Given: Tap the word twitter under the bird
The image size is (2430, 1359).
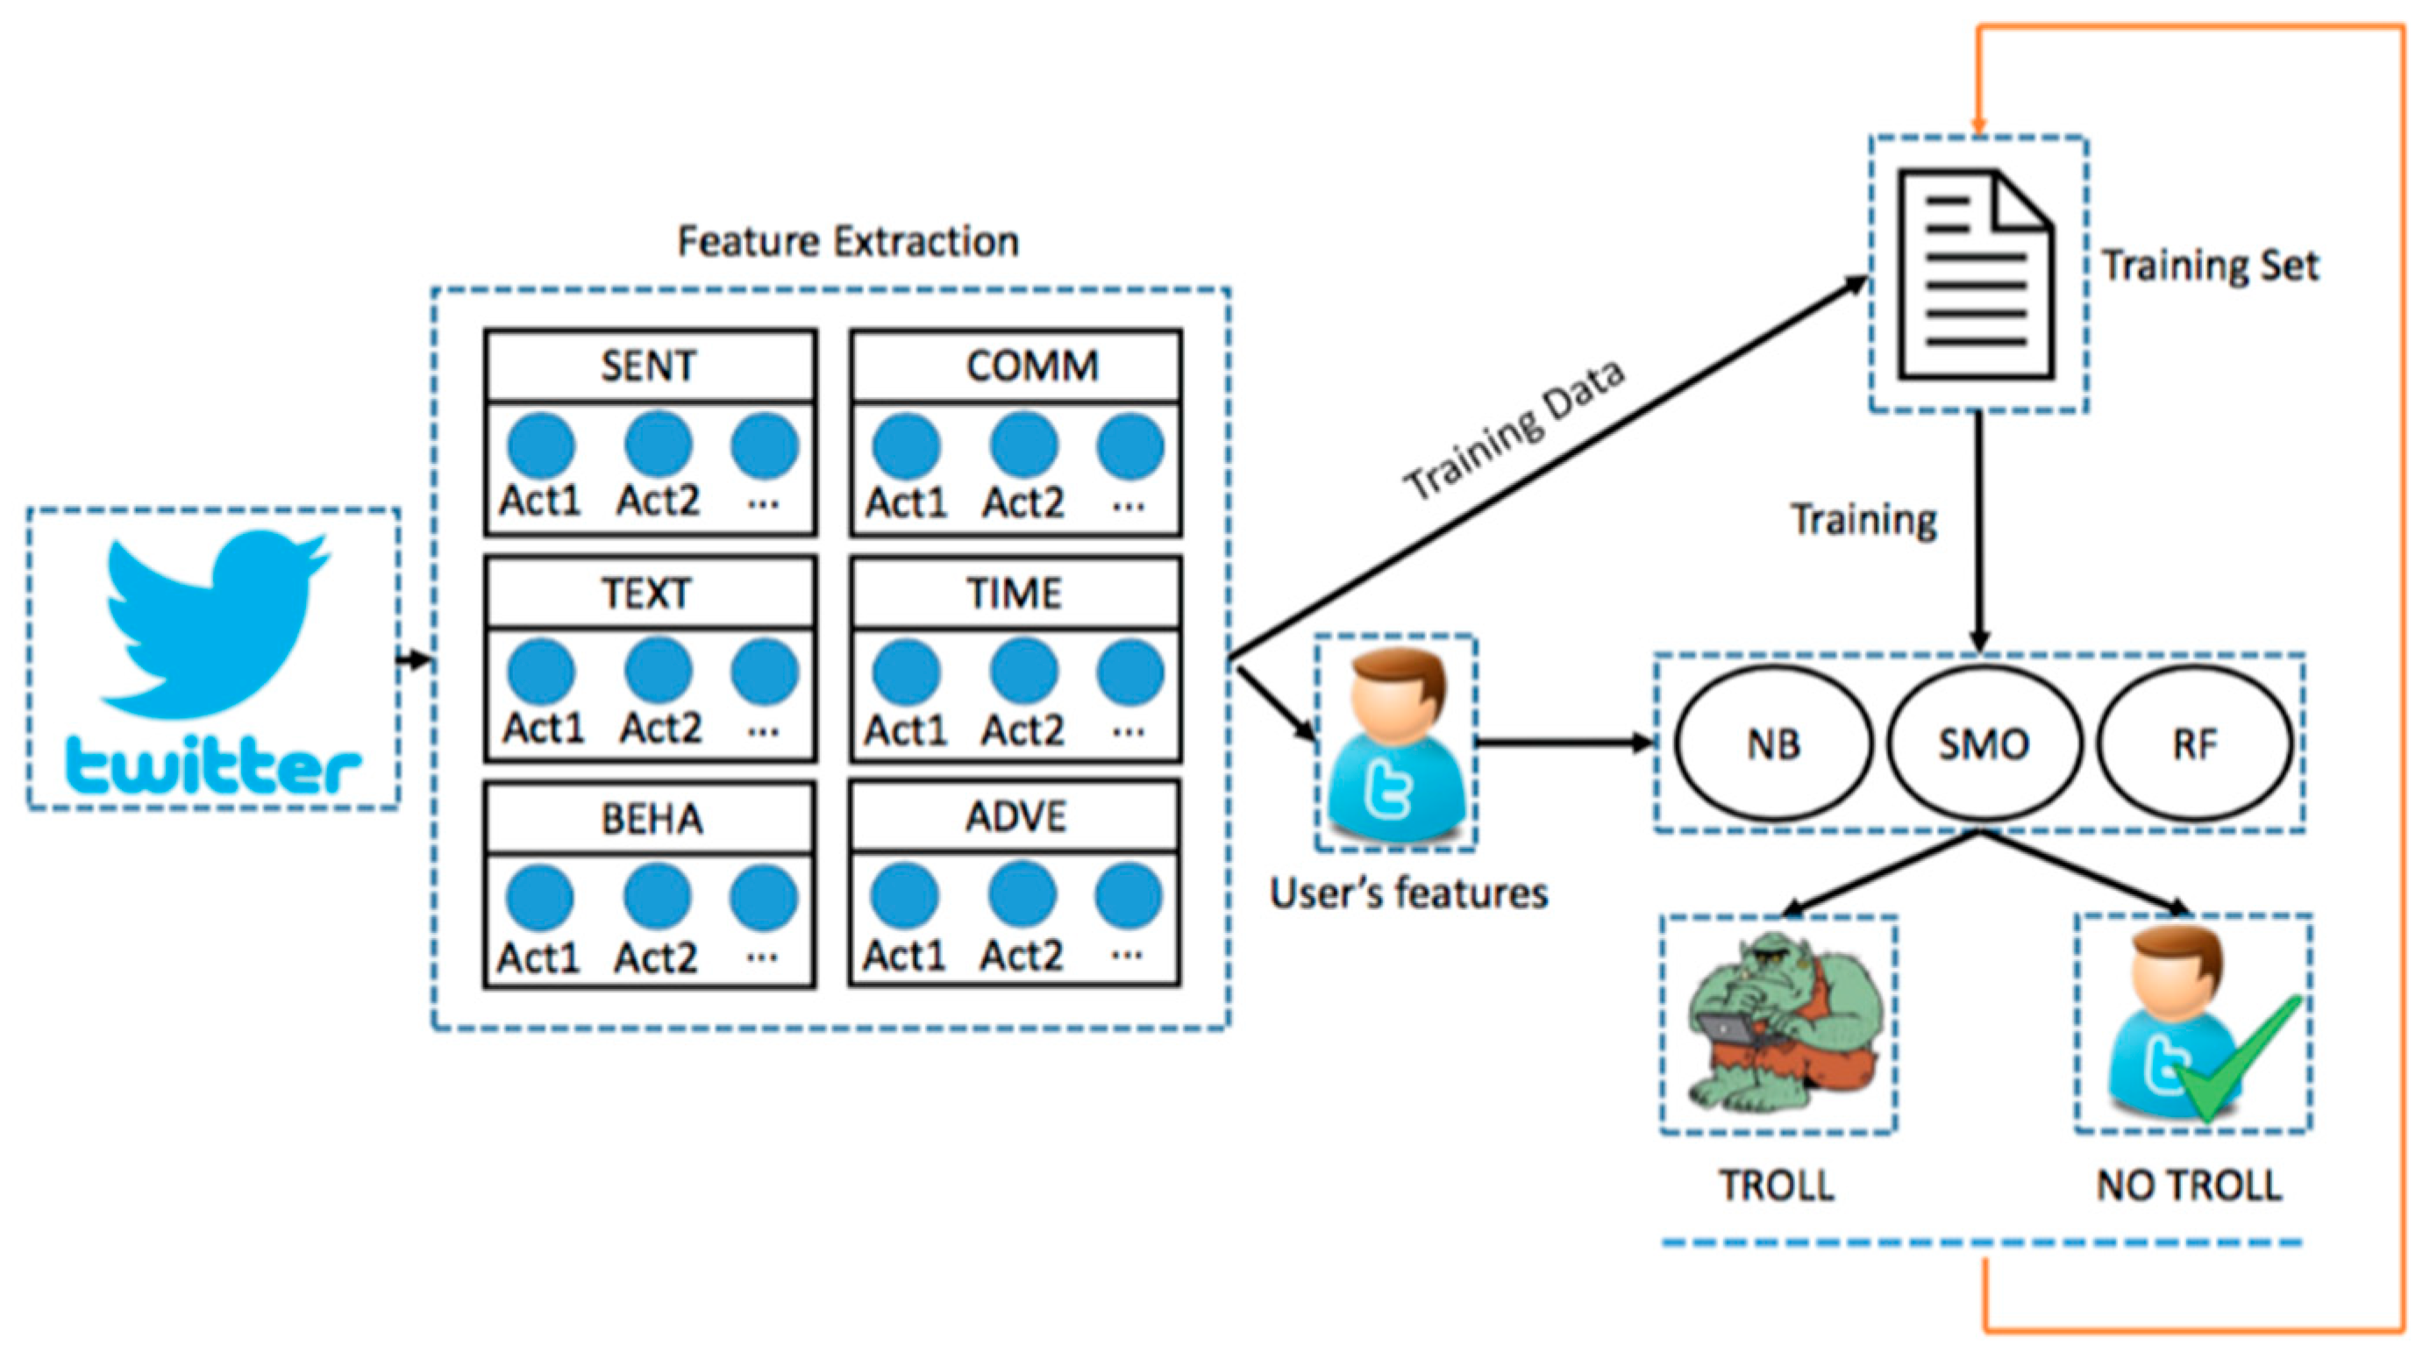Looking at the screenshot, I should (213, 769).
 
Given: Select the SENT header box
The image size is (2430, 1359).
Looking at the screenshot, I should (650, 366).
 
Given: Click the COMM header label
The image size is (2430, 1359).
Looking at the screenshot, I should (1032, 366).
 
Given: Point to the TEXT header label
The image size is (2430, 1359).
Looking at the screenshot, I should (647, 594).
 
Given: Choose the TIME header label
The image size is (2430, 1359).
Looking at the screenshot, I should (1014, 594).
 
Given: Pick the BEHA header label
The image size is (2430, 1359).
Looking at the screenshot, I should (652, 819).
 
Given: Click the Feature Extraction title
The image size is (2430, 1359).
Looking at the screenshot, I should (848, 242).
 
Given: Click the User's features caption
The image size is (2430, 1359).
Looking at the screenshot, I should (1408, 893).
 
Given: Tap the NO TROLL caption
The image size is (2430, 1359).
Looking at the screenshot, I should (2189, 1185).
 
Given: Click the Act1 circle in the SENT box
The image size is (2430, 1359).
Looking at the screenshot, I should (541, 446).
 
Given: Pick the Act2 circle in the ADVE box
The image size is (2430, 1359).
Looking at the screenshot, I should (1023, 895).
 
